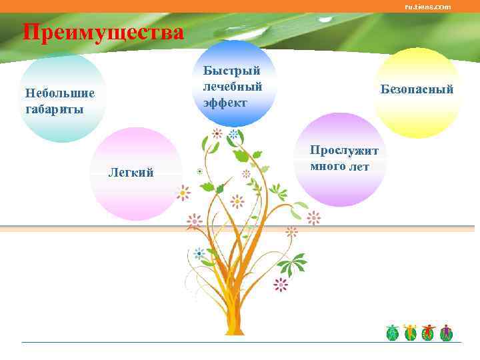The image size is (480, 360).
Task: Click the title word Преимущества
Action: point(103,31)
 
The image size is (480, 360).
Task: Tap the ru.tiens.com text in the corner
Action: point(427,7)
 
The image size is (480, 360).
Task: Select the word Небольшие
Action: point(59,93)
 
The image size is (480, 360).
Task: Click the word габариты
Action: point(54,109)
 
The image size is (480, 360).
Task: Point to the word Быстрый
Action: point(231,71)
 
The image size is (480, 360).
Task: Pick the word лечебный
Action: point(233,87)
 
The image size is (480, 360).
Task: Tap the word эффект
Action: point(225,103)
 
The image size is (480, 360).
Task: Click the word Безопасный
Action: point(417,89)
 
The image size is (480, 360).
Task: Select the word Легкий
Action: point(131,173)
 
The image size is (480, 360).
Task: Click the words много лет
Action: point(339,166)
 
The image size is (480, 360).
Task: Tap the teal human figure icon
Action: point(393,332)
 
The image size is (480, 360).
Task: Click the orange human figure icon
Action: point(410,332)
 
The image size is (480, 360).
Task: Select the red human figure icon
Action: point(428,332)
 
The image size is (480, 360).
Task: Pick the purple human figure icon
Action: point(446,332)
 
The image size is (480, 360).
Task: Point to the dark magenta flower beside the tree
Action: point(281,285)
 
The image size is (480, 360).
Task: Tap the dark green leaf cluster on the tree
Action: point(292,263)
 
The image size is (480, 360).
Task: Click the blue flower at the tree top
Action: point(234,134)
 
